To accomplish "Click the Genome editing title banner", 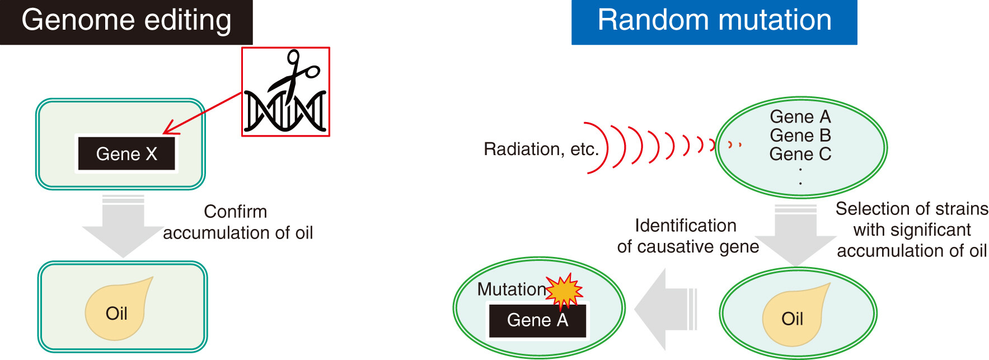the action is [126, 22].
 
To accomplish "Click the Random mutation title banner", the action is [714, 22].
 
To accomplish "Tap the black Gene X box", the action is [126, 153].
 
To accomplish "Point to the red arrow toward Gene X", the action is [202, 113].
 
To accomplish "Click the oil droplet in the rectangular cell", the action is [118, 308].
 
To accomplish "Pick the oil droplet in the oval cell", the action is [795, 314].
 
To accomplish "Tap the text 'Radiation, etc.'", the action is [541, 149].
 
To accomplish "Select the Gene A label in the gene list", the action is [800, 116].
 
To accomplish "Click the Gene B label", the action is [800, 135].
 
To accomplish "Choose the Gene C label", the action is [800, 153].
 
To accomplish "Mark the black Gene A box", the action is [537, 320].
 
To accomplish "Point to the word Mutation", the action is [512, 289].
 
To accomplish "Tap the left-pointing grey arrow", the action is [665, 309].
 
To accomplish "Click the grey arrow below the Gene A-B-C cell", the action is [796, 235].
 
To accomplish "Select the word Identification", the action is [686, 225].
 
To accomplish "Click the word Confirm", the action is [235, 211].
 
